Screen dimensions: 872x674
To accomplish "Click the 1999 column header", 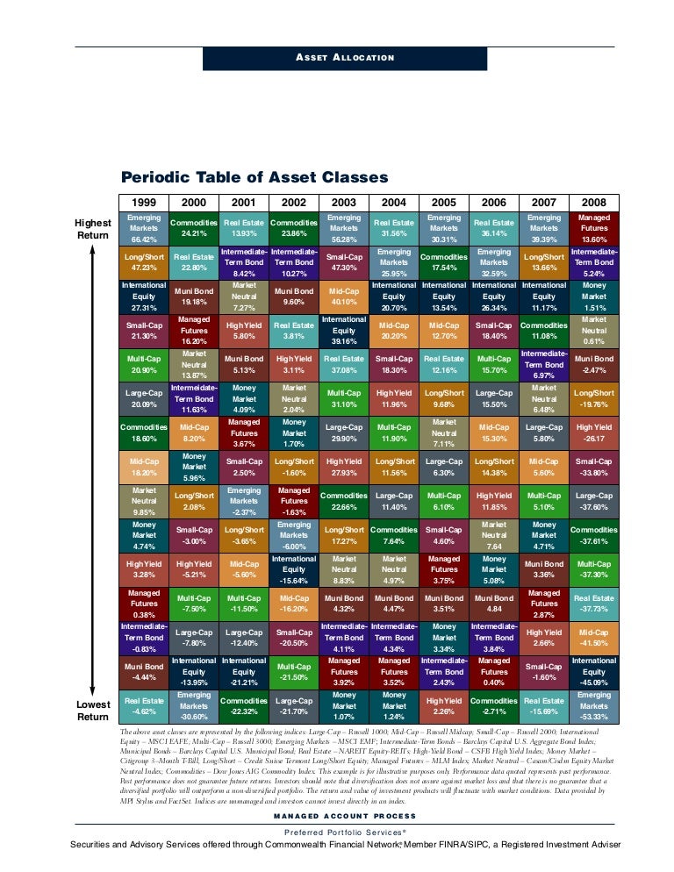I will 144,202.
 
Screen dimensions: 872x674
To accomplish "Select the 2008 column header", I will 594,202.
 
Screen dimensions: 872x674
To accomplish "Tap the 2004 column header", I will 394,202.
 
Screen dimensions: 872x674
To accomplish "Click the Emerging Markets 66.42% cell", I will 144,228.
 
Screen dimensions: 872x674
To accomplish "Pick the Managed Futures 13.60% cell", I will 594,228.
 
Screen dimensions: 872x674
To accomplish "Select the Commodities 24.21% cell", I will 194,228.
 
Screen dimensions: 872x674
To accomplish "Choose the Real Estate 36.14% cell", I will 494,228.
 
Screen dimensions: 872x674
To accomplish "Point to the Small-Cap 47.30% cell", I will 344,262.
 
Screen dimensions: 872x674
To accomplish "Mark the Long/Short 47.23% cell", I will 144,262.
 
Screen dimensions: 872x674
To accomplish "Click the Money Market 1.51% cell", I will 594,297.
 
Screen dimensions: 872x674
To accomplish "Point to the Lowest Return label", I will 92,711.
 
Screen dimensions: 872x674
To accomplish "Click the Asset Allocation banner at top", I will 345,58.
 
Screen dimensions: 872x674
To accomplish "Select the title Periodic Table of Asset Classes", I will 255,177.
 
